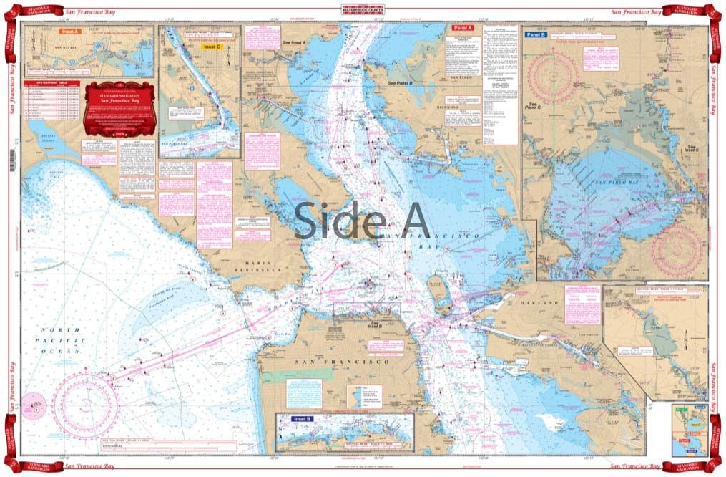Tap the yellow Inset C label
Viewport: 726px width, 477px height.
(x=212, y=47)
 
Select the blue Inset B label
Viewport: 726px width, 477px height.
(x=301, y=418)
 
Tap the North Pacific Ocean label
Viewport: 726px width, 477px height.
(x=60, y=340)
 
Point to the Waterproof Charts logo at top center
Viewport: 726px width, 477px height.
(x=363, y=9)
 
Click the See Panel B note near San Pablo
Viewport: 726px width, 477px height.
(x=401, y=83)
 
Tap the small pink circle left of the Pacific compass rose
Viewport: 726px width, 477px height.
(x=31, y=403)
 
